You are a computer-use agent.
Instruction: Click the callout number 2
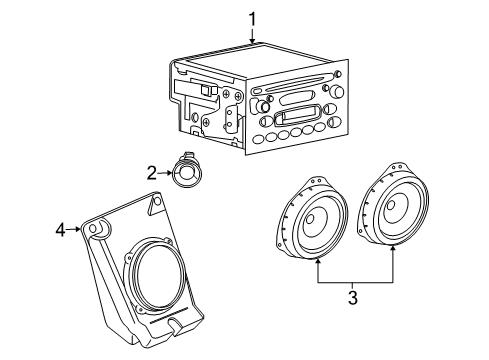tap(151, 173)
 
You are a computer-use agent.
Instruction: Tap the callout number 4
tap(59, 231)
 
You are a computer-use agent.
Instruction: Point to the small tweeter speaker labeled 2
tap(187, 174)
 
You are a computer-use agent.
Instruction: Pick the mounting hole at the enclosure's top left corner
tap(101, 232)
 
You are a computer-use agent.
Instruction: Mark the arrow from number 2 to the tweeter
tap(165, 173)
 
